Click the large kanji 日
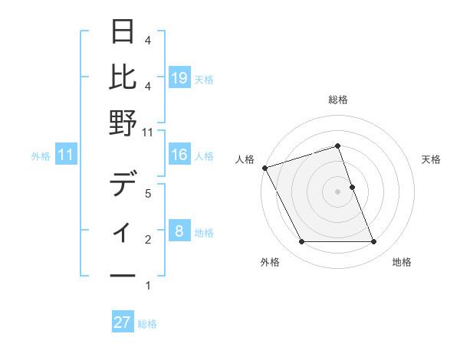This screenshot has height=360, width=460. coord(124,31)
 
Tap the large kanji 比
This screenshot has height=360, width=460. coord(124,77)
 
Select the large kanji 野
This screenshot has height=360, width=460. coord(124,123)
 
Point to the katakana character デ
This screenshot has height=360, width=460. coord(124,185)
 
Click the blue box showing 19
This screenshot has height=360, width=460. coord(179,78)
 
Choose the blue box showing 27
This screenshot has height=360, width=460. coord(123,322)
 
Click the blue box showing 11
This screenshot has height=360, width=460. coord(66,155)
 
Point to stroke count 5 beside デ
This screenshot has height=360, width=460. coord(147,194)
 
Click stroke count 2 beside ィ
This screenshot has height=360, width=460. coord(147,240)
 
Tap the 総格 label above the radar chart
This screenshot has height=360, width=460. coord(338,100)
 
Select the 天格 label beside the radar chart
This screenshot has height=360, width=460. coord(432,159)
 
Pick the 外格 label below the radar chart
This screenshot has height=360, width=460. coord(270,262)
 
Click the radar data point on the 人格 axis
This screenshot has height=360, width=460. coord(264,167)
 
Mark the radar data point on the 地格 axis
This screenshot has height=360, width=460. coord(374,242)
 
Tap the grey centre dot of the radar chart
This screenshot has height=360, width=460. coord(338,191)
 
